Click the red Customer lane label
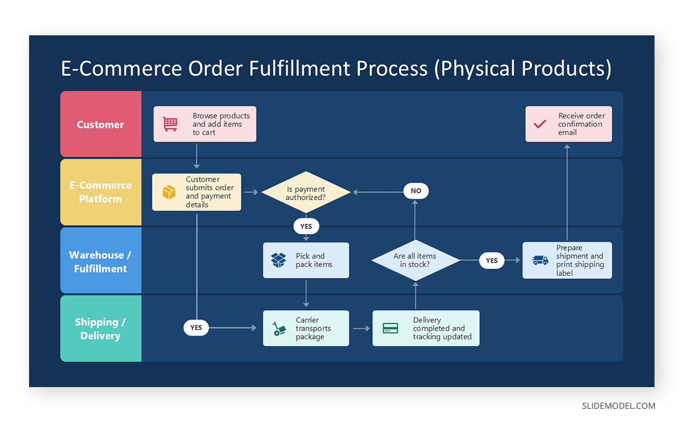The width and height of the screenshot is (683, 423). pos(101,124)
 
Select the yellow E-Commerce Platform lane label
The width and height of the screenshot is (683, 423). pos(101,192)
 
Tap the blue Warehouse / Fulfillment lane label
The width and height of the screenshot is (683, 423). pos(101,261)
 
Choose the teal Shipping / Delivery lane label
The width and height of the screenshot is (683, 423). pos(101,328)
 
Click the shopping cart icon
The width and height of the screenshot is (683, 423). pos(170,124)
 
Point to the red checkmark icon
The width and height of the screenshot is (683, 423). pos(540,124)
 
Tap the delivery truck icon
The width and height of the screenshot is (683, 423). pos(540,260)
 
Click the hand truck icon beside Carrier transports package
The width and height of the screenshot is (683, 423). pos(279,328)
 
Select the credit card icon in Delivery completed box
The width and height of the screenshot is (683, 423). pos(390,328)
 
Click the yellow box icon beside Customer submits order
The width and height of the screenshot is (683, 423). pos(169,192)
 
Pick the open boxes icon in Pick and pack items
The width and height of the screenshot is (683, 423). pos(278,260)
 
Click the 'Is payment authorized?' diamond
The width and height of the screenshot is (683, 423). pos(306,192)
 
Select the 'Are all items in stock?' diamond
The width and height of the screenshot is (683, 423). pos(415,260)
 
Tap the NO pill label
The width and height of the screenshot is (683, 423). pos(416,191)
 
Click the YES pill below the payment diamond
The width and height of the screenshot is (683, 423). pos(306,226)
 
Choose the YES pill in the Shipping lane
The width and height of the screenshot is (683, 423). pos(196,327)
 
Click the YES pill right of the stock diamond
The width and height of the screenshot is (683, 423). pos(492,260)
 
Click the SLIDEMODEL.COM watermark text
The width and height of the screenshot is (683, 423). pos(618,406)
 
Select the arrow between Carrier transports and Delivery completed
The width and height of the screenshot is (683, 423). pos(361,328)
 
